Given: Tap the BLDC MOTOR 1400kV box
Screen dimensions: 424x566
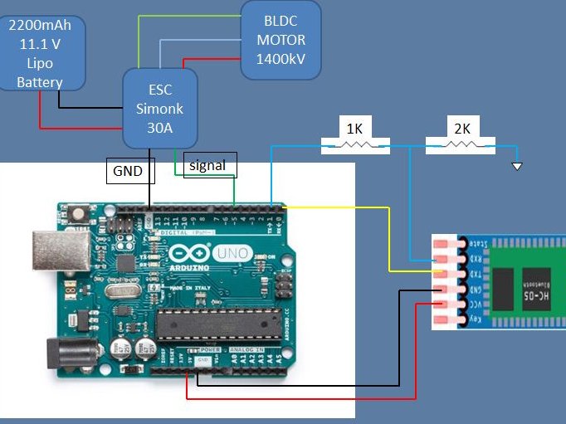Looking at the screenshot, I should coord(281,40).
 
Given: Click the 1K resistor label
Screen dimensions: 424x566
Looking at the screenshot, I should coord(354,129).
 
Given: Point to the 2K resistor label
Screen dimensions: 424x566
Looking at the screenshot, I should coord(461,129).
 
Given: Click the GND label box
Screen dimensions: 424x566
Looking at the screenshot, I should coord(128,172).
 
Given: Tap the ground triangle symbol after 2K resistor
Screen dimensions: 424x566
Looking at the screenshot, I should coord(517,167).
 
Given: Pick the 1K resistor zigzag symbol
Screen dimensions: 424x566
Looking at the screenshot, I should coord(354,147).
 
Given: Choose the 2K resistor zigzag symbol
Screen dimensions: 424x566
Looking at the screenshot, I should coord(461,147).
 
